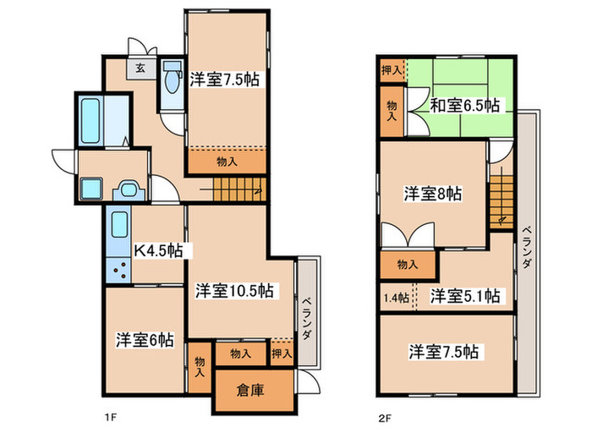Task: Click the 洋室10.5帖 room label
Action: point(234,290)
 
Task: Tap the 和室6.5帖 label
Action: point(463,106)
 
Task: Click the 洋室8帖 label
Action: point(432,193)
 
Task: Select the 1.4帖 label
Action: point(396,297)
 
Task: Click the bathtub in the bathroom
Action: point(90,120)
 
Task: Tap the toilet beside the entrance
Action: point(173,83)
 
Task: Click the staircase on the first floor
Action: point(237,191)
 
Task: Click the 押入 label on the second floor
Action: point(391,71)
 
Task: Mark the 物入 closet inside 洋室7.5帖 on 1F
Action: point(226,160)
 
